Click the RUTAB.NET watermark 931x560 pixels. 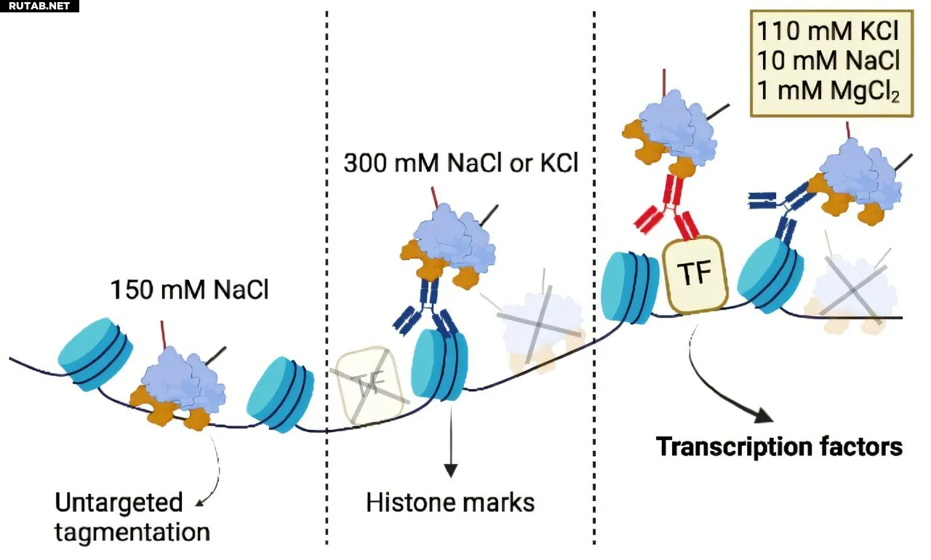click(39, 7)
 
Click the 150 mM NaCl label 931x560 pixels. click(190, 289)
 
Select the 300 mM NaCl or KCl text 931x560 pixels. click(460, 162)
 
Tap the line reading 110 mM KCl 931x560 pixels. click(828, 31)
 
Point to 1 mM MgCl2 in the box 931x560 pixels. click(828, 91)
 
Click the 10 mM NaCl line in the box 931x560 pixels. click(828, 60)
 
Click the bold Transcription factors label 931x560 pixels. click(779, 447)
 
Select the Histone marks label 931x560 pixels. click(450, 503)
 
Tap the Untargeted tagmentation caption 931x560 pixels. click(132, 518)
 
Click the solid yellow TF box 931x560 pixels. click(695, 275)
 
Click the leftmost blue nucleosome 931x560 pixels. click(95, 354)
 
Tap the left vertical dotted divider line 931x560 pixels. click(327, 278)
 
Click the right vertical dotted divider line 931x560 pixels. click(594, 278)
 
